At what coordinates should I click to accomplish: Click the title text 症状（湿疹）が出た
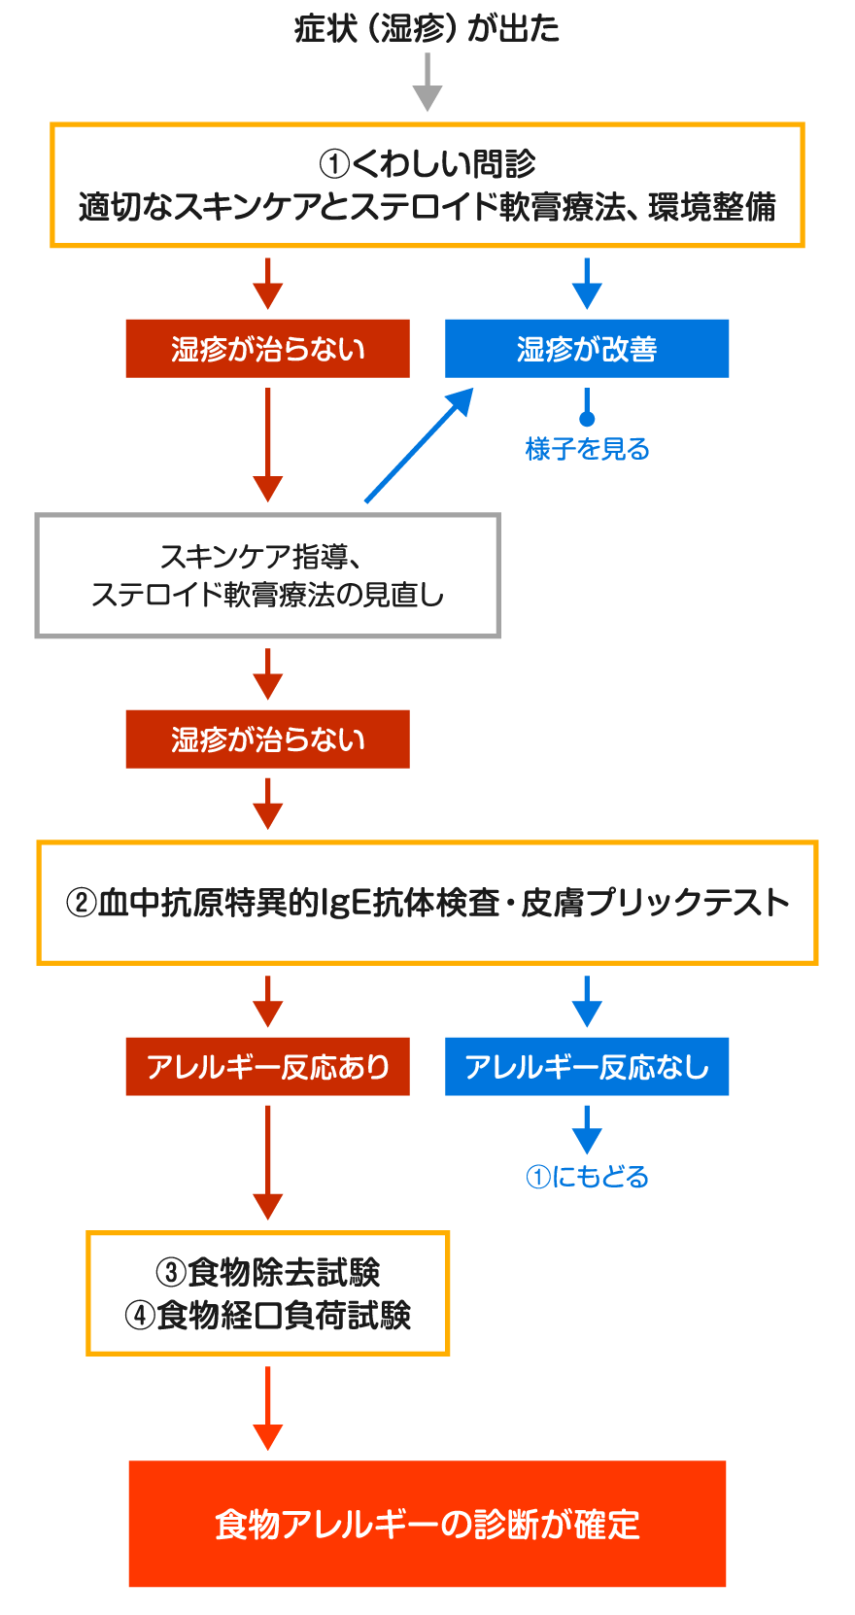(427, 29)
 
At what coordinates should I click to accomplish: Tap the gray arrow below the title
(427, 83)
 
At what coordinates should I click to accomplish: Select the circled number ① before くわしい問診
(334, 164)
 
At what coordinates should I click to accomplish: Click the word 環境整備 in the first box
(712, 208)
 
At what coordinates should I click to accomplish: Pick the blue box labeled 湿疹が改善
(587, 348)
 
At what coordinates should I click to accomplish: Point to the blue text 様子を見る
(587, 449)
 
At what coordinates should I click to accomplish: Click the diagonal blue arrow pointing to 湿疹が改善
(419, 445)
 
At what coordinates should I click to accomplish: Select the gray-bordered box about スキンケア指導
(267, 575)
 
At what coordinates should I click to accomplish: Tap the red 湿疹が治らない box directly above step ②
(267, 739)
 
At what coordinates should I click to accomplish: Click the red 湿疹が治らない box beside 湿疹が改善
(267, 348)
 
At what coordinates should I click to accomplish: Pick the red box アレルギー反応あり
(267, 1066)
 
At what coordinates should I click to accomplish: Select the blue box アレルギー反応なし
(587, 1066)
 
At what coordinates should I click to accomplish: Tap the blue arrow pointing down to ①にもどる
(587, 1130)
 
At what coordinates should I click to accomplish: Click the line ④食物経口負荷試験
(267, 1316)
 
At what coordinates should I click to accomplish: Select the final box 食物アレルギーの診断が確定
(427, 1525)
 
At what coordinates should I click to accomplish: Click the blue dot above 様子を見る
(587, 418)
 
